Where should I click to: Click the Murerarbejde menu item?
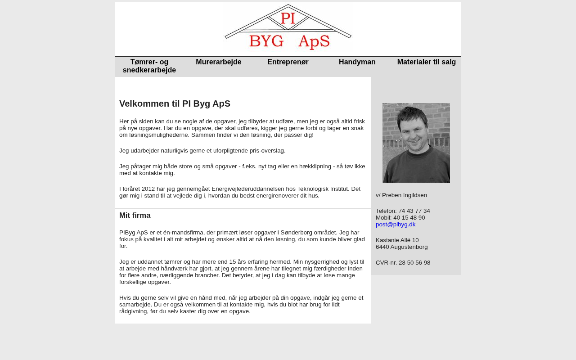click(219, 62)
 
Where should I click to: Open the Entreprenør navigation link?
click(288, 62)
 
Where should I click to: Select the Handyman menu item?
click(357, 62)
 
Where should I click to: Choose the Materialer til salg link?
click(427, 62)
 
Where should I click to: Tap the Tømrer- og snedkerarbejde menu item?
click(149, 66)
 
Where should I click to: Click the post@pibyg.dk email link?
click(396, 225)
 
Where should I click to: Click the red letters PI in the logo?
click(288, 18)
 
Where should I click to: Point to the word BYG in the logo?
click(266, 41)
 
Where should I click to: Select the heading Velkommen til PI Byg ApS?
click(175, 104)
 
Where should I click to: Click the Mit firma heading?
click(135, 216)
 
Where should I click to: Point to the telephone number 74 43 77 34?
click(414, 211)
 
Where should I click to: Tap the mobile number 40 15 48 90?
click(409, 218)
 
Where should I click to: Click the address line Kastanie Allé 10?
click(397, 240)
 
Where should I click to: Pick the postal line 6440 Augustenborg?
click(402, 247)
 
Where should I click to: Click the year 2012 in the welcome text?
click(148, 189)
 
